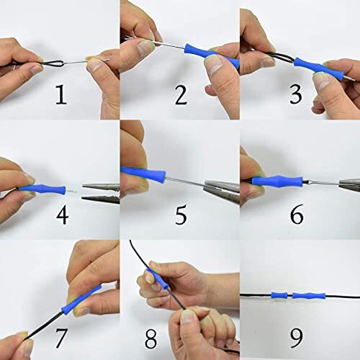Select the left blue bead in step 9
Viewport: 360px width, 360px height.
(x=277, y=294)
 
